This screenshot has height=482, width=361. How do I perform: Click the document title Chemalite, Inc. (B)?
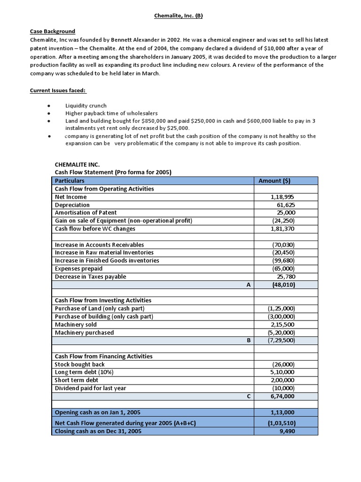pos(179,16)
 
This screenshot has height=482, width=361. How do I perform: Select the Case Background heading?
pos(52,31)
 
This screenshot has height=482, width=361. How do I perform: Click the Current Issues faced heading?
pos(55,90)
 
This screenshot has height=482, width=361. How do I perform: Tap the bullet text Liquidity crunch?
pos(86,106)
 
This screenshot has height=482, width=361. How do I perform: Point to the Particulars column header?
pos(70,181)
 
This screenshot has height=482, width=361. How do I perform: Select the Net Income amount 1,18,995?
pos(283,197)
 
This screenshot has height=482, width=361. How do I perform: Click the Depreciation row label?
pos(72,205)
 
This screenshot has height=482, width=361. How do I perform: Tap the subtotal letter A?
pos(248,285)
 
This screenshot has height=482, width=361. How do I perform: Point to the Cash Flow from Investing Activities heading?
pos(103,300)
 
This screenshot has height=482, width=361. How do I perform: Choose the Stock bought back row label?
pos(79,364)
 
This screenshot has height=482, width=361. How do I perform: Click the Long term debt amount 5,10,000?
pos(283,372)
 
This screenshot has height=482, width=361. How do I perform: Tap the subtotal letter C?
pos(248,396)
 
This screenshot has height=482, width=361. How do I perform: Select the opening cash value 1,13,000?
pos(283,412)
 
